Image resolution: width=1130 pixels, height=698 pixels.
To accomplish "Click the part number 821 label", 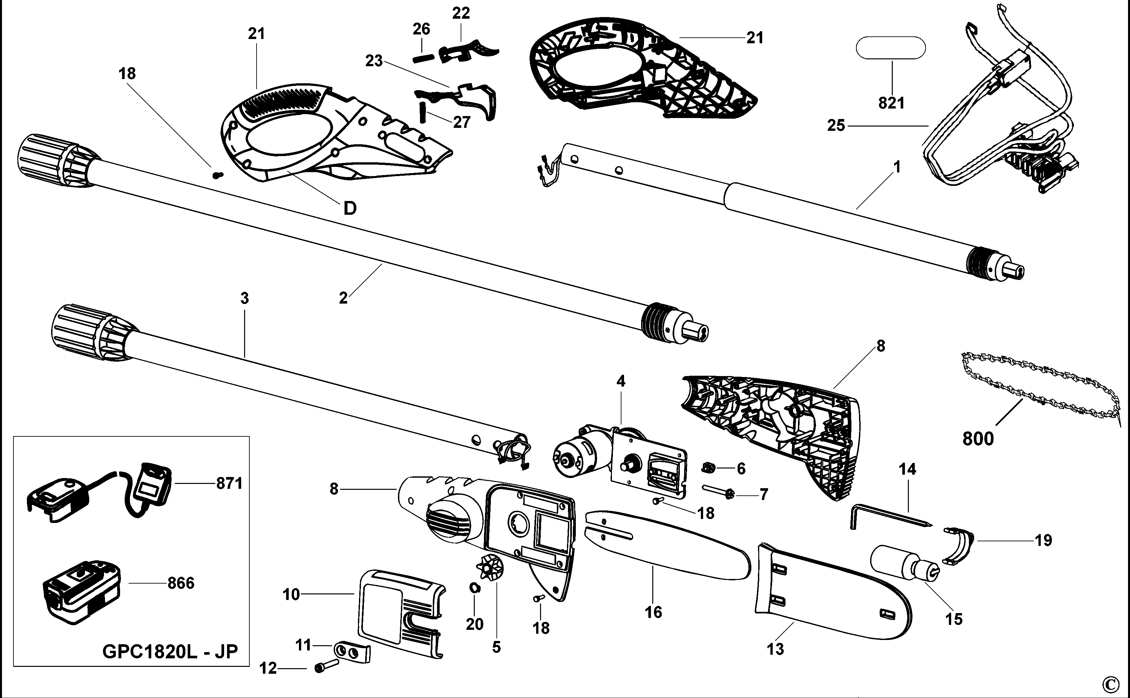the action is pyautogui.click(x=891, y=103).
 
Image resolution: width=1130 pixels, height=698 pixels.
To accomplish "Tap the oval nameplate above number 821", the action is pyautogui.click(x=891, y=48).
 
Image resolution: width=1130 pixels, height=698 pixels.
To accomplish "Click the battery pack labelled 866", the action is pyautogui.click(x=81, y=593).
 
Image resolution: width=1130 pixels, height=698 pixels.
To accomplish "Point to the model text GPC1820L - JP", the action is pyautogui.click(x=170, y=652).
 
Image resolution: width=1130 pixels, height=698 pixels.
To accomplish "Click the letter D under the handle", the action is pyautogui.click(x=350, y=208).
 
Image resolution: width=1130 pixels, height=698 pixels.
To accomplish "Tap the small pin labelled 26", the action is pyautogui.click(x=423, y=58).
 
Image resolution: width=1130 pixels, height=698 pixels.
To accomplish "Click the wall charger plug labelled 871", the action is pyautogui.click(x=150, y=489).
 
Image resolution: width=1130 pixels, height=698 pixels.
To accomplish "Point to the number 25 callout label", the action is pyautogui.click(x=836, y=125).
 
